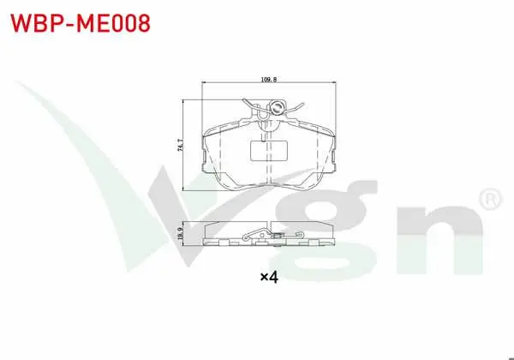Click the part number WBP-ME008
(x=81, y=23)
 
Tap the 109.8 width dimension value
(x=269, y=80)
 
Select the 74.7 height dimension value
(x=180, y=145)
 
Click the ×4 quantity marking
(x=269, y=278)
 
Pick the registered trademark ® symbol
(x=490, y=199)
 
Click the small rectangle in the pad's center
(x=269, y=151)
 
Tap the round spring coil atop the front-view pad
(x=277, y=107)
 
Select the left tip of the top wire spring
(x=243, y=99)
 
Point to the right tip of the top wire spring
(x=303, y=105)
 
